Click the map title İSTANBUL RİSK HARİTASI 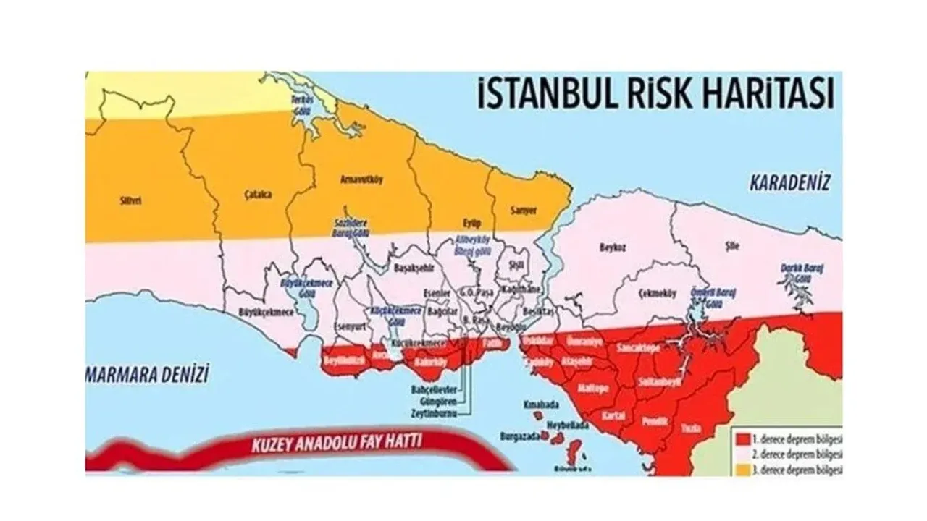tap(655, 94)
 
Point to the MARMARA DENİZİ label tap(147, 374)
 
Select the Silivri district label tap(130, 201)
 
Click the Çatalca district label tap(248, 195)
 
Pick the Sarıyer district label tap(524, 210)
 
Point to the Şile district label tap(733, 246)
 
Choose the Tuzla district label tap(690, 428)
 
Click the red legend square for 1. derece tap(742, 439)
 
